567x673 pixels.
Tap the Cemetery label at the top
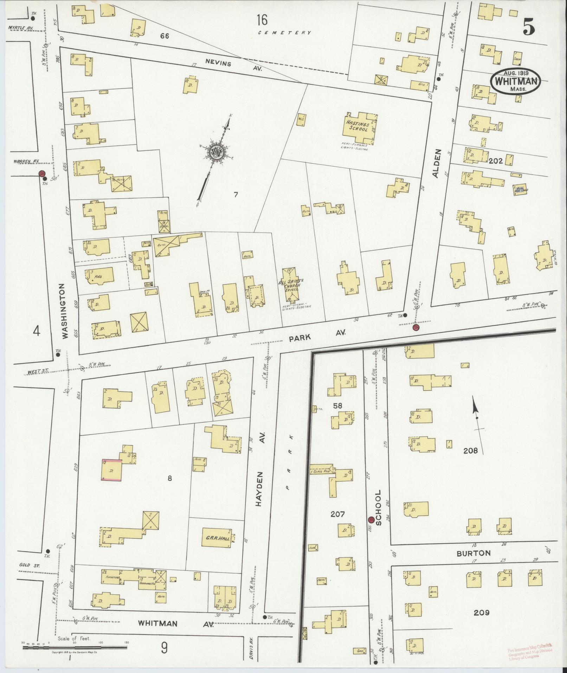(x=284, y=33)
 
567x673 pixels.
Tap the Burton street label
(x=473, y=553)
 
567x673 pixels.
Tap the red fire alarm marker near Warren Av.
(x=42, y=174)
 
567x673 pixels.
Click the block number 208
(x=470, y=450)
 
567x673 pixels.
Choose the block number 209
(x=481, y=612)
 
